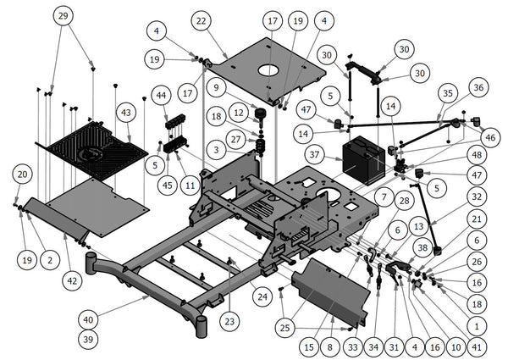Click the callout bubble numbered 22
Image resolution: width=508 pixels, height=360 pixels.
201,20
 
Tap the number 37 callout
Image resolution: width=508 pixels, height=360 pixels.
314,155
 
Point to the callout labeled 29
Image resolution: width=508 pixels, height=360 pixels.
63,16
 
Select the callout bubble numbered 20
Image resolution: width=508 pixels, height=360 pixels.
23,174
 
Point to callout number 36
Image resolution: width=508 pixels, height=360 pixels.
478,87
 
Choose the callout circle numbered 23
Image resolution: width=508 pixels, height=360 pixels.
231,320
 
